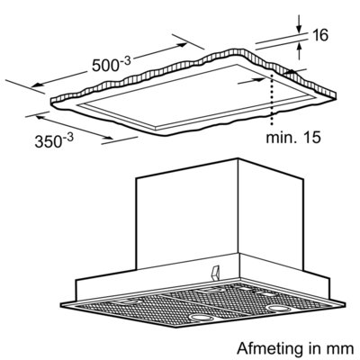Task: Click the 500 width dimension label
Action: pos(111,64)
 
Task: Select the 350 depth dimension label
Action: pos(54,140)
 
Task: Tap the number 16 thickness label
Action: pos(319,35)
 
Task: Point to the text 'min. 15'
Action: pos(293,138)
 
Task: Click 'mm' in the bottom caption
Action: pos(343,350)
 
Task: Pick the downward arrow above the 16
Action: pos(299,23)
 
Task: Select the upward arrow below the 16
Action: pos(299,51)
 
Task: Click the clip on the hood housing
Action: pos(216,273)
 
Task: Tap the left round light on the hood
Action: pos(201,317)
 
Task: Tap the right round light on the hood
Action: pos(276,308)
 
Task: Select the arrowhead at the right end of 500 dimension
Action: pos(182,45)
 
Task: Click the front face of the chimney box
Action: pos(187,214)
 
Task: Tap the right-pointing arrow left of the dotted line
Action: pos(251,80)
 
